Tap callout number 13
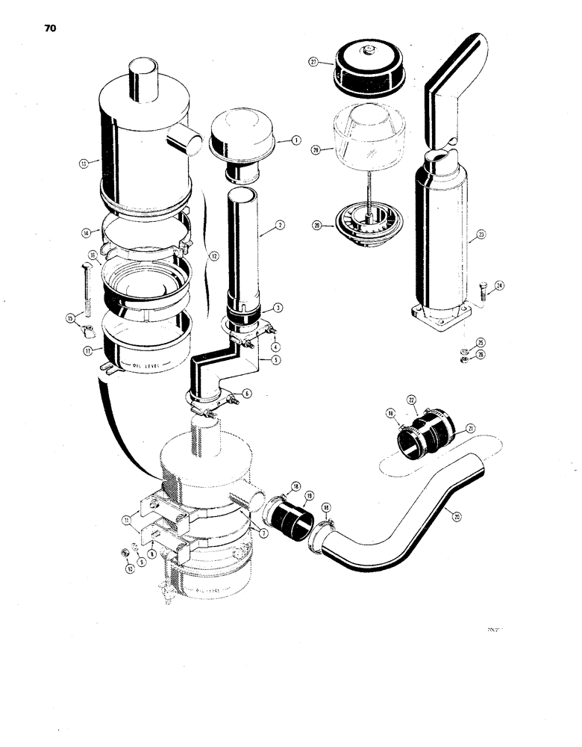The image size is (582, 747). pyautogui.click(x=84, y=162)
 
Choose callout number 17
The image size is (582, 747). pyautogui.click(x=87, y=350)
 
